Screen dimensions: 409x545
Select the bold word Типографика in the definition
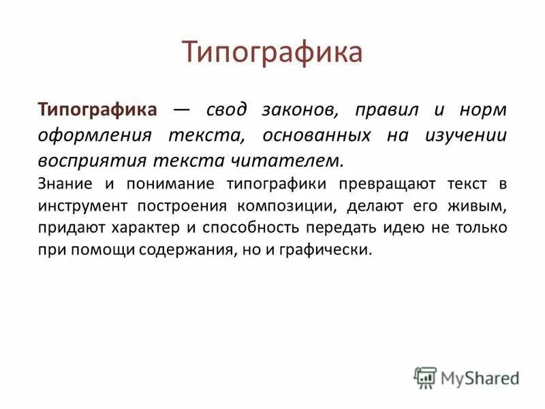(x=98, y=110)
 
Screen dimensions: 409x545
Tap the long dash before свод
(x=182, y=110)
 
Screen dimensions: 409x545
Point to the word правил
(x=382, y=110)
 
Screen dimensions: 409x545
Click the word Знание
(x=62, y=184)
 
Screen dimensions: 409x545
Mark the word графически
(x=329, y=250)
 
